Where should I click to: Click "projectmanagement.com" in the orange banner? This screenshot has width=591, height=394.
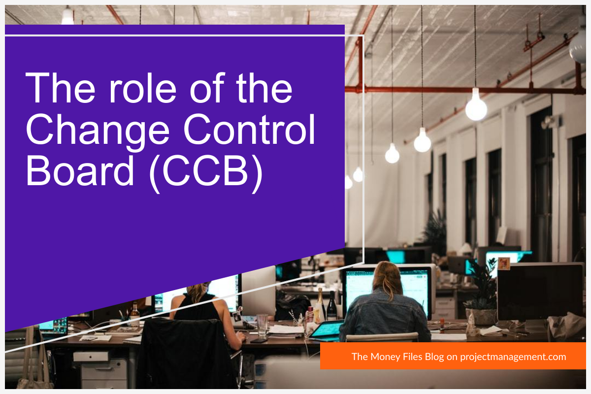(513, 357)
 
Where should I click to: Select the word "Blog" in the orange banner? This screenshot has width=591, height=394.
(433, 357)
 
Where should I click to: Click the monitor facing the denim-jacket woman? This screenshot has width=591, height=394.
(389, 288)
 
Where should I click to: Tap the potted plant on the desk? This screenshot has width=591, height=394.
(481, 295)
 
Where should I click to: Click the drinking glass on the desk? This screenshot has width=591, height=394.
(262, 326)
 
